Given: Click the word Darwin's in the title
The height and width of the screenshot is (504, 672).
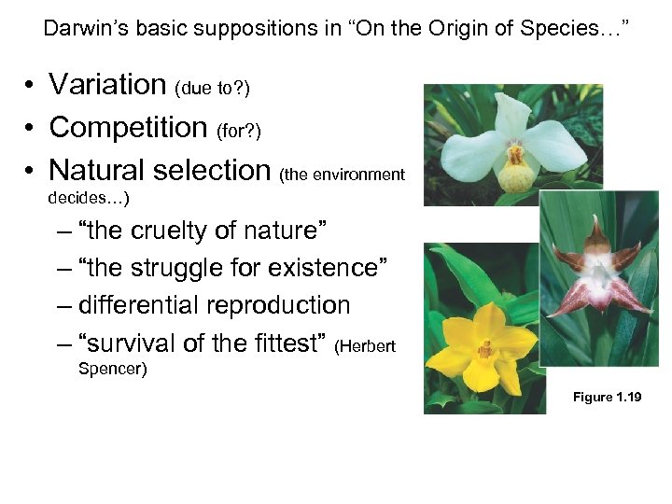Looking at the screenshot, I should (82, 28).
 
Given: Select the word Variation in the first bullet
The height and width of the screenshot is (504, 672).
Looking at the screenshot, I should (107, 85).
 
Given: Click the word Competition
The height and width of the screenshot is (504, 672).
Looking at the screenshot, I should (128, 127).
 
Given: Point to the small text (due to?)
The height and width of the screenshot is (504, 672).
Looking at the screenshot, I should (212, 89).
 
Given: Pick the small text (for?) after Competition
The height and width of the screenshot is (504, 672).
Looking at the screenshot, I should (239, 131).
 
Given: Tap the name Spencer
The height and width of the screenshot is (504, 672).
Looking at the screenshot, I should (110, 369).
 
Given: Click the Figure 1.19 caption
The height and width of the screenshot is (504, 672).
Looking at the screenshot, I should (607, 398).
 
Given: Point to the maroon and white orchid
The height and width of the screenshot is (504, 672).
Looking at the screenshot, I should (599, 271).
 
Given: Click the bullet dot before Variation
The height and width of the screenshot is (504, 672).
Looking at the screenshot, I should (31, 86).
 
